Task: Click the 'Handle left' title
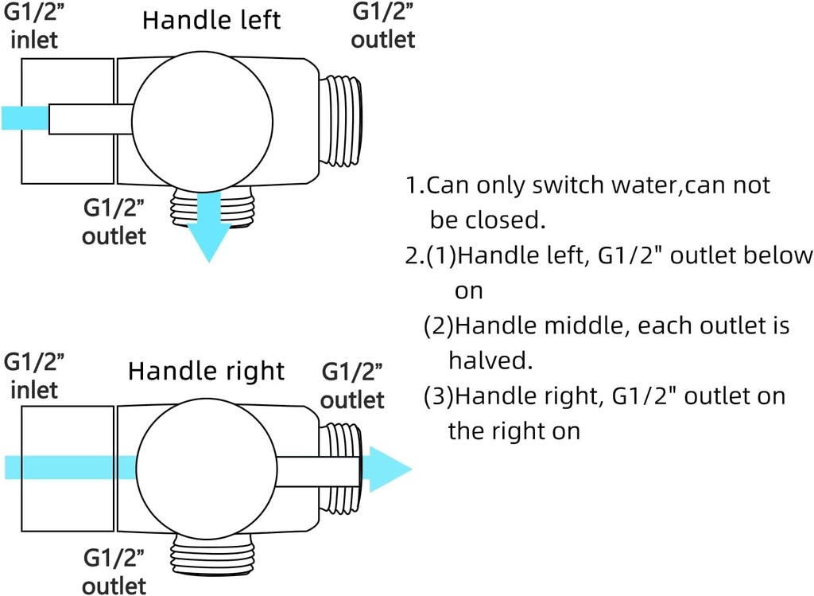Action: pyautogui.click(x=211, y=20)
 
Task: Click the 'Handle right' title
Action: pyautogui.click(x=206, y=371)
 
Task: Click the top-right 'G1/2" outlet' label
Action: pyautogui.click(x=383, y=25)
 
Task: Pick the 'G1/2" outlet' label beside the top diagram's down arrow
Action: pyautogui.click(x=114, y=222)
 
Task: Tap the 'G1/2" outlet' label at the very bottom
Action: pyautogui.click(x=114, y=572)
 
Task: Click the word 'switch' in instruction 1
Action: pyautogui.click(x=564, y=185)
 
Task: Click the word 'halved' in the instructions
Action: pyautogui.click(x=490, y=360)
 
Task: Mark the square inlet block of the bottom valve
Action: pyautogui.click(x=68, y=468)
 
